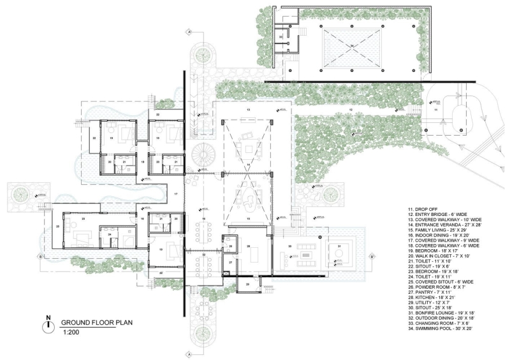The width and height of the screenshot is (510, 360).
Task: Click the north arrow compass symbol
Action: pos(47,325)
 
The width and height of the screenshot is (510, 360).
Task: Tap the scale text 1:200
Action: pos(71,333)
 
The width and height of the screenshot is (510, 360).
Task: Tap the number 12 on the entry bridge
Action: pos(350,110)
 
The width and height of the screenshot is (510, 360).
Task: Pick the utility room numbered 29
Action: pos(247,284)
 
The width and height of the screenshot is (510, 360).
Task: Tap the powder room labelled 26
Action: pos(229,245)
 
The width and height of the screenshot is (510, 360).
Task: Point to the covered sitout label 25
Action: pos(57,227)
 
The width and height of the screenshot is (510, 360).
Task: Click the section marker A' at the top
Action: pos(189,31)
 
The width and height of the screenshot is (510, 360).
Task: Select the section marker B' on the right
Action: pos(370,256)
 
